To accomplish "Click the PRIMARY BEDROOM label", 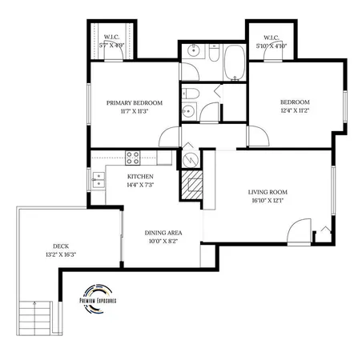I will coord(135,102).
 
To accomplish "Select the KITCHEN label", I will coord(140,176).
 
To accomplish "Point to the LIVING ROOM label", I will coord(268,192).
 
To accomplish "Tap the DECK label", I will coord(62,246).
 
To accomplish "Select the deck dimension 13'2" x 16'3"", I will coord(62,254).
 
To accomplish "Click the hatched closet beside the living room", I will coord(191,188).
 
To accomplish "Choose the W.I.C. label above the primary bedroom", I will coord(111,37).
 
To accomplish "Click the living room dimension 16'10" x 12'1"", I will coord(268,201).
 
